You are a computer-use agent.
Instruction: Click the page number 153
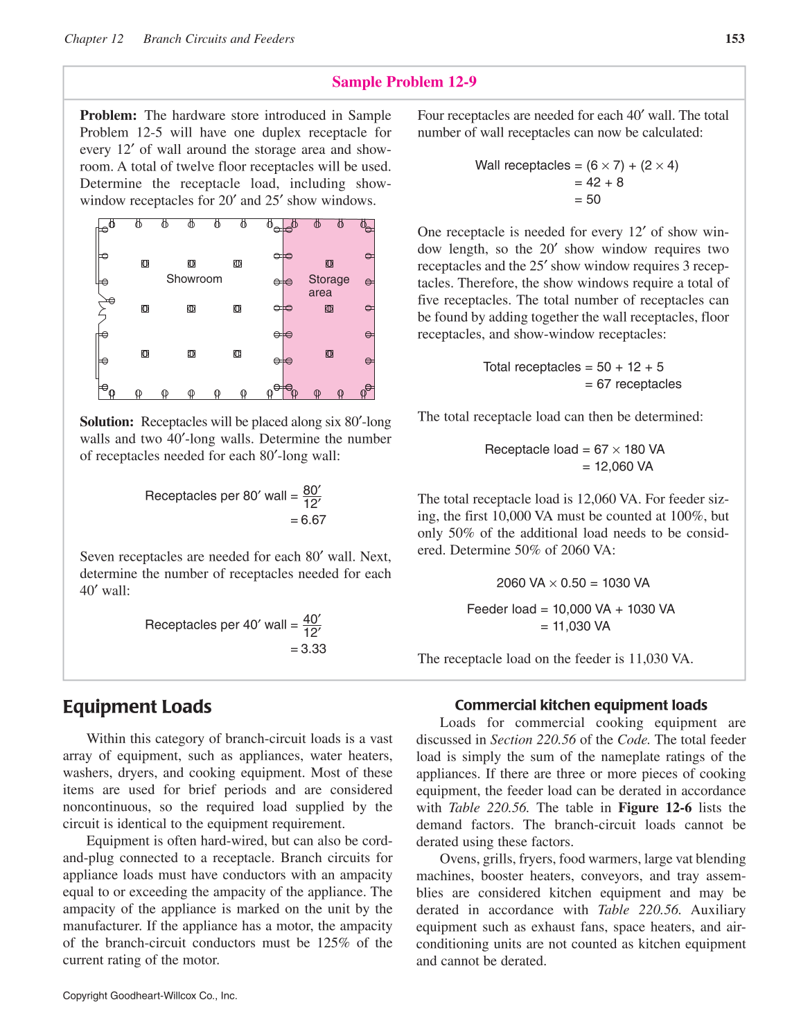tap(734, 39)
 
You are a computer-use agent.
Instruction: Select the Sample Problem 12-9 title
tap(404, 82)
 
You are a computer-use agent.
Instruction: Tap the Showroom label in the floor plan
tap(194, 279)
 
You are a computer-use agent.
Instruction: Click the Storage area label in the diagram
tap(328, 286)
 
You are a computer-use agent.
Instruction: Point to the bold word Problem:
tap(108, 116)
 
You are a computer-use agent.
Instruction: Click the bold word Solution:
tap(107, 422)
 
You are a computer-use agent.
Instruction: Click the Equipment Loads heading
tap(137, 707)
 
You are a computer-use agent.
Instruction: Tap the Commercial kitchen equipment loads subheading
tap(581, 705)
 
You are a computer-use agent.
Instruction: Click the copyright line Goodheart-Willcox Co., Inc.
tap(150, 996)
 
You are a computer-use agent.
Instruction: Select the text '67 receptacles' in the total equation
tap(639, 384)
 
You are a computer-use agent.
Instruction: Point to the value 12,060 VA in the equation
tap(624, 466)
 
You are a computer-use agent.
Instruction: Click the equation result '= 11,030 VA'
tap(575, 627)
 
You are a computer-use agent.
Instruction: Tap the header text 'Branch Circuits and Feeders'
tap(219, 39)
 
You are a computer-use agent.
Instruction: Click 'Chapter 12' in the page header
tap(94, 39)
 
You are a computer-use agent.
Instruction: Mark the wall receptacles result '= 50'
tap(588, 200)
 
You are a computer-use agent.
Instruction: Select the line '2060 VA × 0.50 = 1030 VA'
tap(573, 583)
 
